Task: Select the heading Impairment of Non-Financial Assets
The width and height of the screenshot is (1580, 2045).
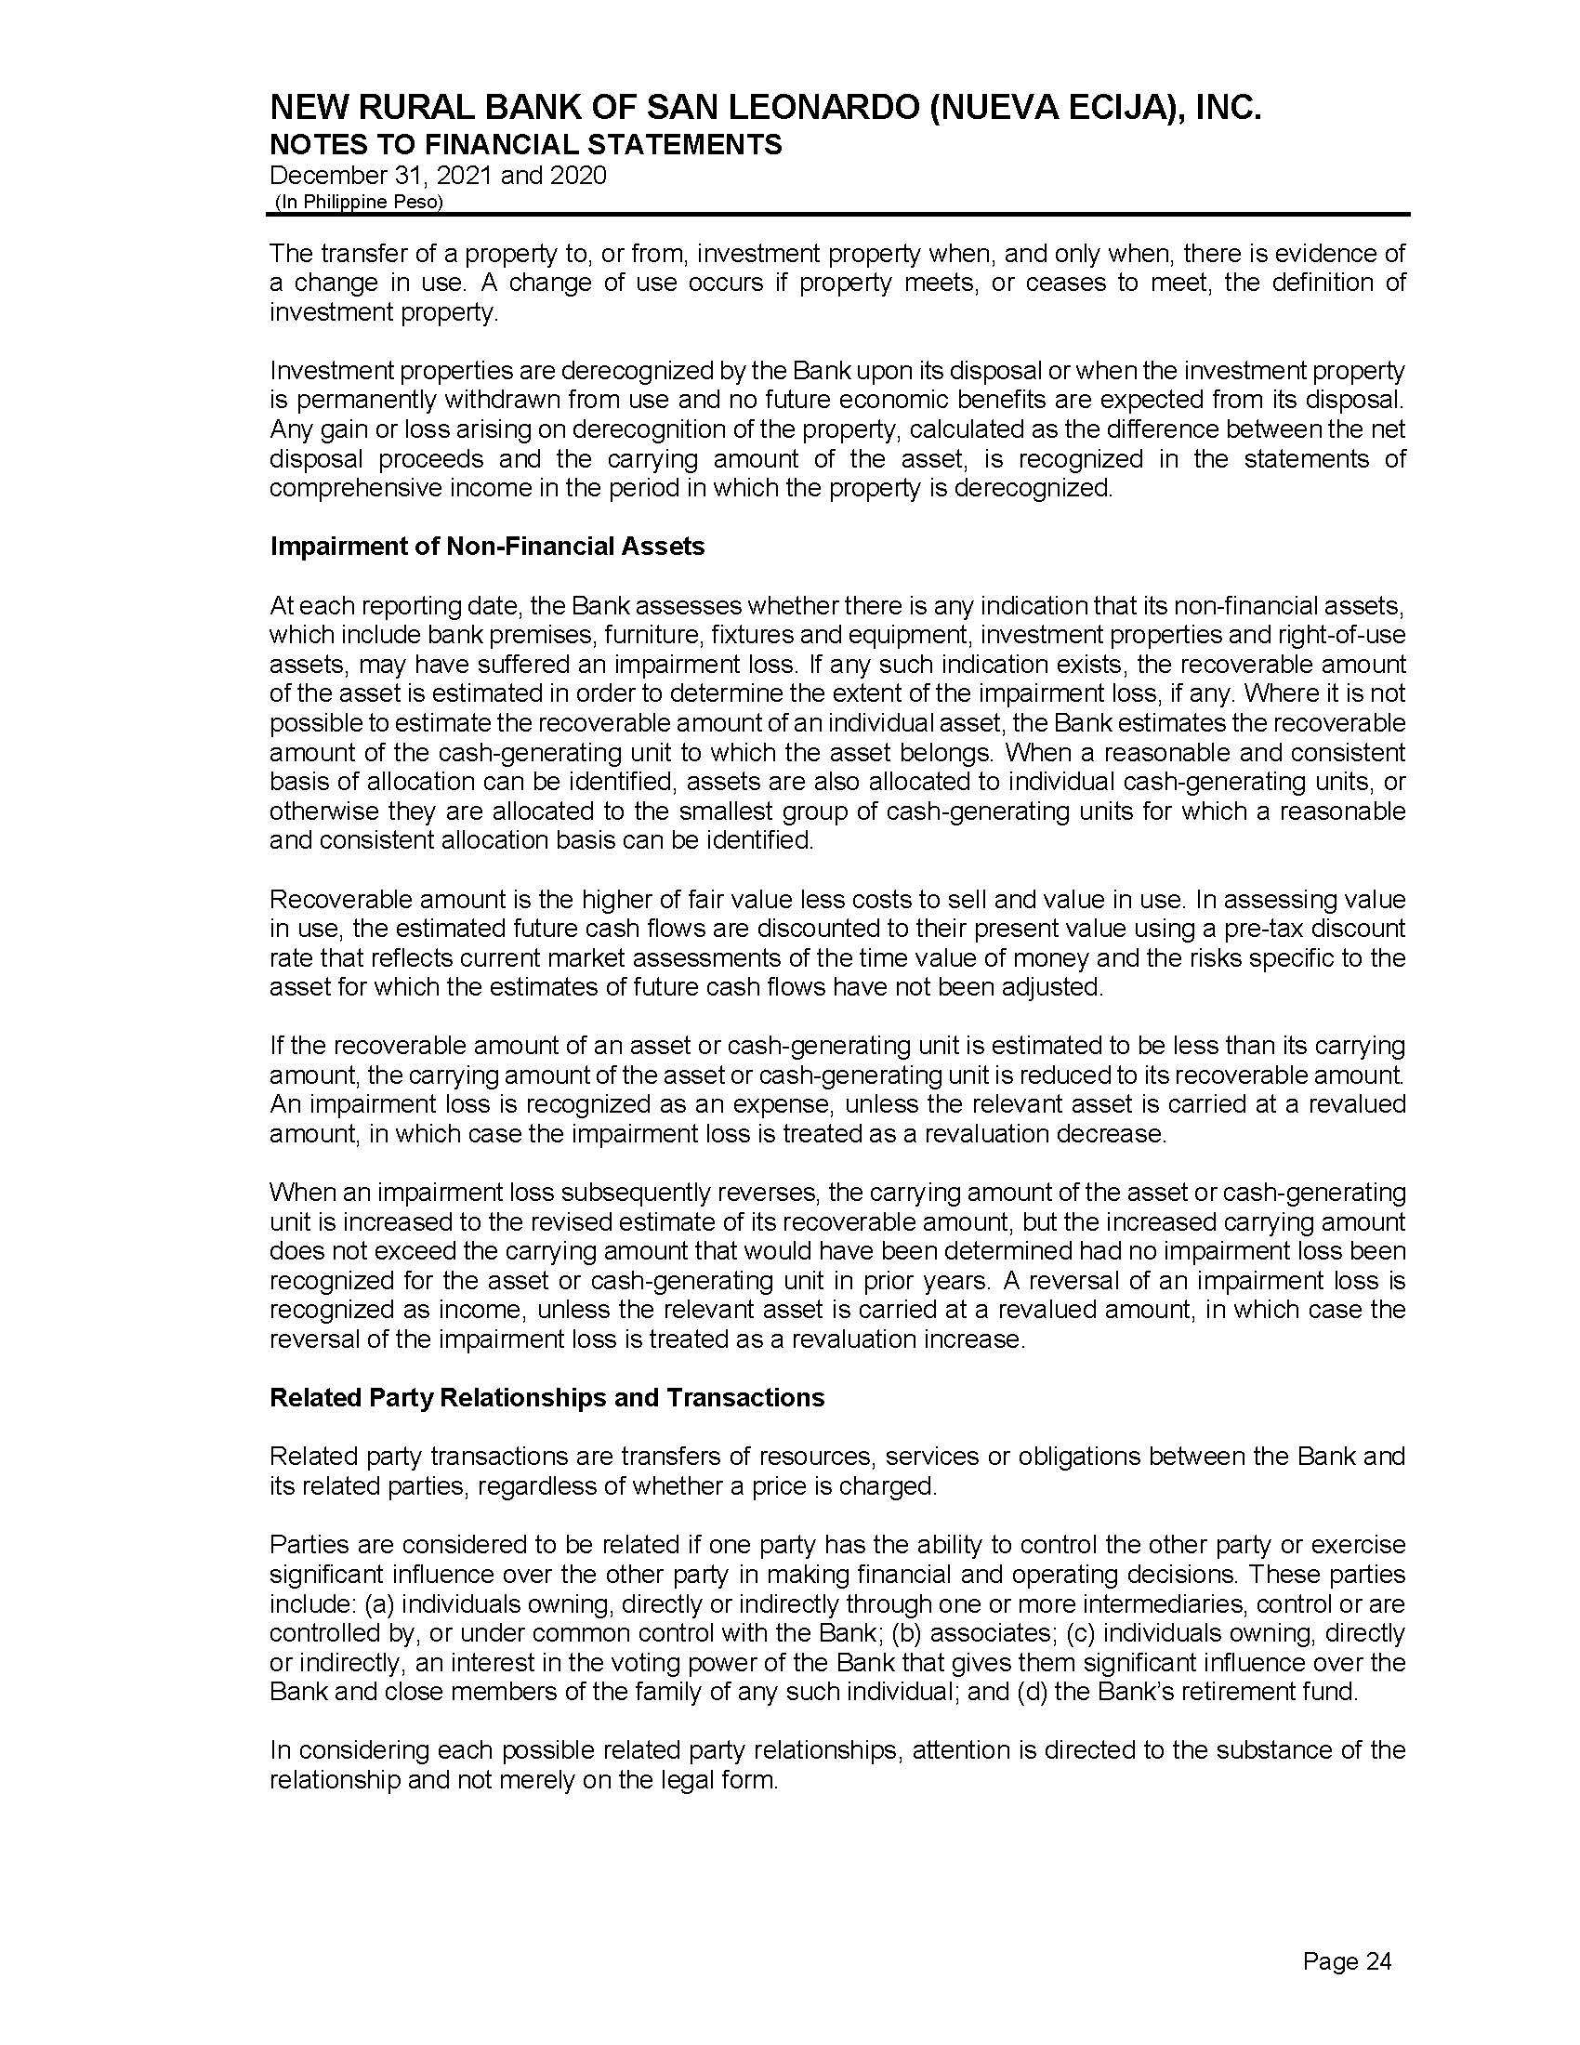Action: (487, 547)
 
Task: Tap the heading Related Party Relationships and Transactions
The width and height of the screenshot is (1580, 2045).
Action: (546, 1398)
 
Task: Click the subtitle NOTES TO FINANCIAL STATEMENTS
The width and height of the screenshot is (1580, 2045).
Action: (525, 144)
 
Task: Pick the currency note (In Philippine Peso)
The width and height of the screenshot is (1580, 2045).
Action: (358, 203)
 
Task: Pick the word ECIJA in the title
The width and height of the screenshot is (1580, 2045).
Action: (1112, 110)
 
